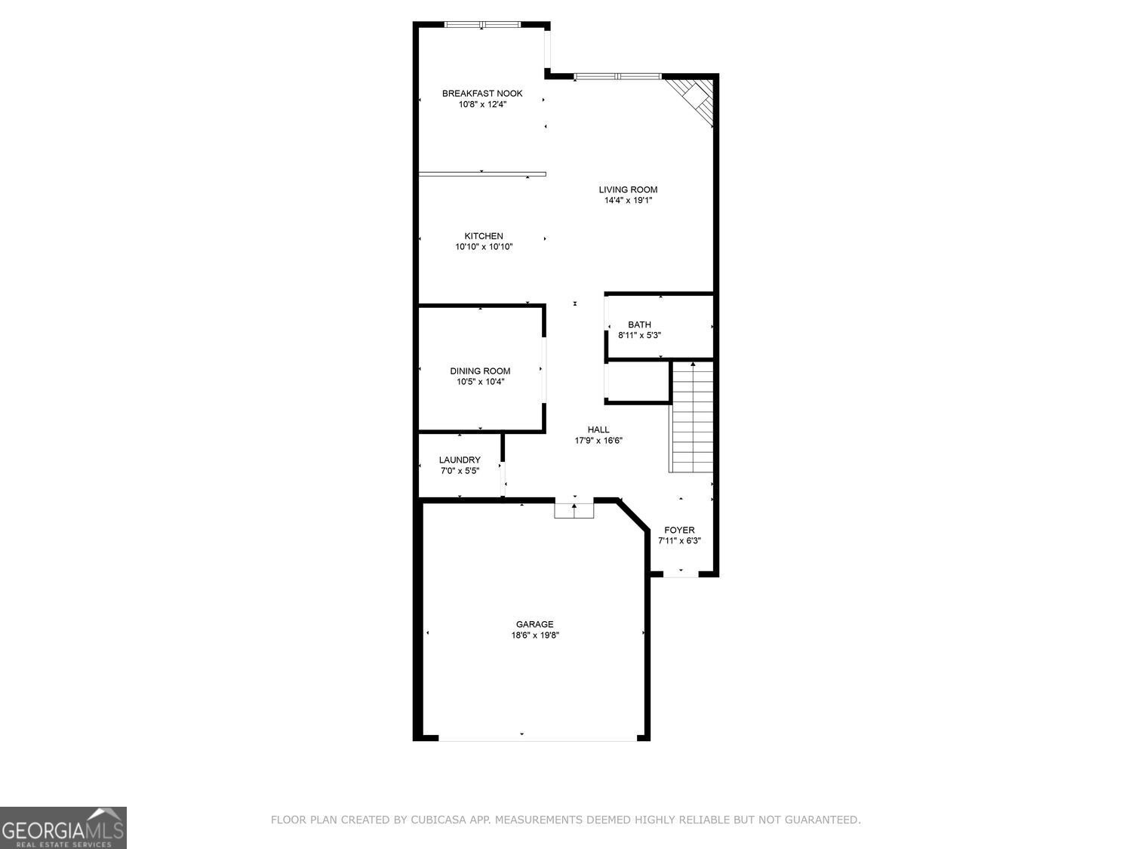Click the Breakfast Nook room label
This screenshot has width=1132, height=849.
[481, 94]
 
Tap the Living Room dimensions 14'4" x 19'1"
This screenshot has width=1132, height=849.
[628, 201]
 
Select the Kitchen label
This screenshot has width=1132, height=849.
[484, 236]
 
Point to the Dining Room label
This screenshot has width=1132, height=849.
[480, 371]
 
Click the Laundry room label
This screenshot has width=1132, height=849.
[460, 460]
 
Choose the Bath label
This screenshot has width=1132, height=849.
[639, 325]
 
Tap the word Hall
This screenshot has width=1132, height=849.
[598, 429]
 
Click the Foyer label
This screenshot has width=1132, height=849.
[679, 530]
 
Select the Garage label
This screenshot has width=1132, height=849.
[534, 624]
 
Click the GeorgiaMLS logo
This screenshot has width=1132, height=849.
[63, 828]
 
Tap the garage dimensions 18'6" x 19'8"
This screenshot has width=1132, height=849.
[534, 635]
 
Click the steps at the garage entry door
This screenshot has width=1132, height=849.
[574, 510]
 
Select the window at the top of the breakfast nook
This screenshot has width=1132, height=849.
[482, 25]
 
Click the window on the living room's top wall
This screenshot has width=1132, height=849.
[617, 76]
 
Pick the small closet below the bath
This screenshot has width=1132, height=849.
[638, 382]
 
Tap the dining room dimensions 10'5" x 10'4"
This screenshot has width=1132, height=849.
[480, 382]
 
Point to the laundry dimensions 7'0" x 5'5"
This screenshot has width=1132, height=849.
[460, 471]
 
